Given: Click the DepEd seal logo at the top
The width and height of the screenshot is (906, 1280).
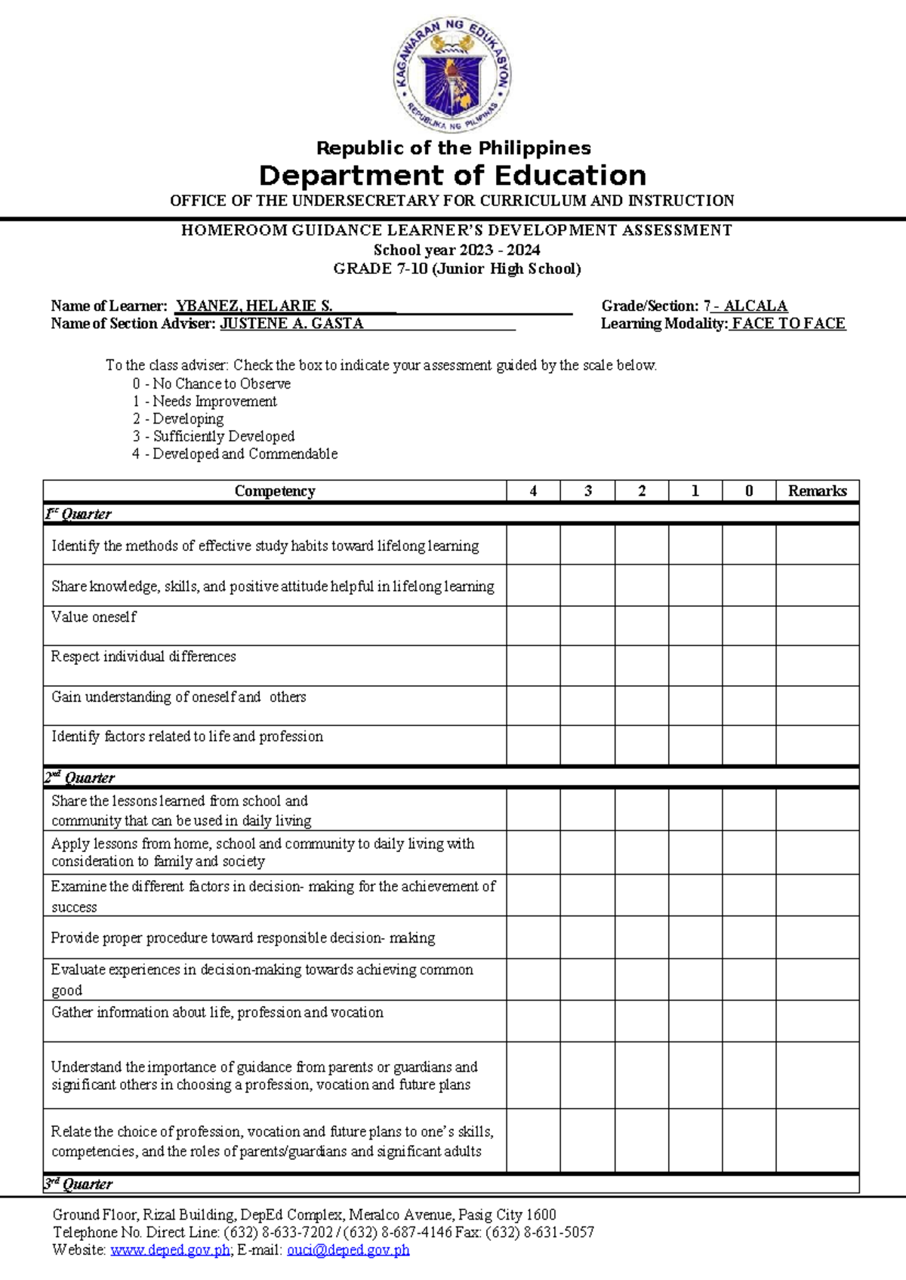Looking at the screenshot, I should point(453,74).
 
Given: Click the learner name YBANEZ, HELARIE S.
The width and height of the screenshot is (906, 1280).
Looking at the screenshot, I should point(254,306).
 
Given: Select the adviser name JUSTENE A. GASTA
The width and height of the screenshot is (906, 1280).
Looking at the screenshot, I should point(291,323).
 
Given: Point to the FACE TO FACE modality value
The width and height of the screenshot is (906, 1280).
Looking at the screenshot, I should point(788,323).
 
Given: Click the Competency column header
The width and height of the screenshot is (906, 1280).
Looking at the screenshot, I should point(274,491).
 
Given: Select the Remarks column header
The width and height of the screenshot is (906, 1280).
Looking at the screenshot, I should point(817,491).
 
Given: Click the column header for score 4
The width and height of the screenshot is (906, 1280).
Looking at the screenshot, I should point(533,491).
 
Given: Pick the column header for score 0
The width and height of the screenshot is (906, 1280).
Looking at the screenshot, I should point(748,491).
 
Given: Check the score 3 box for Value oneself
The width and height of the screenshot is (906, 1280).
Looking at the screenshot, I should point(587,625).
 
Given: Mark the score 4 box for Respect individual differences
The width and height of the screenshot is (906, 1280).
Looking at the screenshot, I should point(533,665).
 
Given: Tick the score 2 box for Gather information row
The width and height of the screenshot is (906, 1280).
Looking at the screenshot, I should point(641,1020).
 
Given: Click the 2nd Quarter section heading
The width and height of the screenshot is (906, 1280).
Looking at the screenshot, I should point(79,777).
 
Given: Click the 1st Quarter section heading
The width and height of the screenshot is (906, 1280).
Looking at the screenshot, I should point(78,514).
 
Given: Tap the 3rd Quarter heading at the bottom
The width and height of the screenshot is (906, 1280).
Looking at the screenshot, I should point(78,1183).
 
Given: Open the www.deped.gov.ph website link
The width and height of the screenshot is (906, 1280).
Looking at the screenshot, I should point(170,1250).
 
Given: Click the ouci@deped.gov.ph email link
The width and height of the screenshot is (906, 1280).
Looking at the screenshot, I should point(348,1250).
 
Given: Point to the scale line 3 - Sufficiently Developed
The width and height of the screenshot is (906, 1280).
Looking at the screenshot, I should point(214,436).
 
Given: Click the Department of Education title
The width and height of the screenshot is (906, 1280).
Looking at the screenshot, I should point(452,175).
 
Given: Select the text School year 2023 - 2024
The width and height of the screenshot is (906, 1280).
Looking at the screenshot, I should point(456,250).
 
